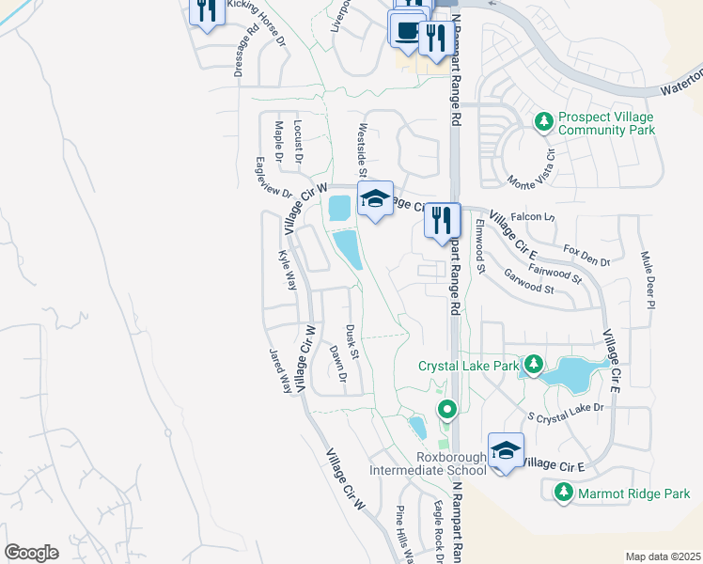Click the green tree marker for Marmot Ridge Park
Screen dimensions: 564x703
click(564, 492)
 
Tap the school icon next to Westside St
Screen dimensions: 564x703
click(375, 198)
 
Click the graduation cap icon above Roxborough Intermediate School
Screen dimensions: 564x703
click(507, 451)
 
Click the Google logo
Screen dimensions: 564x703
click(31, 553)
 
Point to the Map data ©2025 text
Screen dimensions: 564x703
click(663, 556)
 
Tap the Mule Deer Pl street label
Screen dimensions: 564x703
click(648, 280)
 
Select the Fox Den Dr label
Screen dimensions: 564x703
click(587, 255)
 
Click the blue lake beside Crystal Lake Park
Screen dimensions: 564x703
click(573, 373)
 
